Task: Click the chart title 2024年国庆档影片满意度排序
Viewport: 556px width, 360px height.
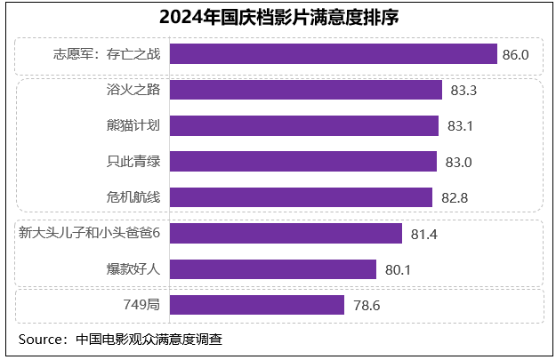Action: tap(278, 17)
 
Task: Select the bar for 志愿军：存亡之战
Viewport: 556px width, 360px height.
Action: tap(333, 54)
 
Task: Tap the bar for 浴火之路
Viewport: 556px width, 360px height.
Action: tap(305, 90)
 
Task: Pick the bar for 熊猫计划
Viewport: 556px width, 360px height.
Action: tap(303, 125)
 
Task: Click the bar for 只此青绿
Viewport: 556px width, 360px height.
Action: tap(302, 161)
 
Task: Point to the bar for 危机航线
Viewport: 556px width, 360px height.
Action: tap(301, 196)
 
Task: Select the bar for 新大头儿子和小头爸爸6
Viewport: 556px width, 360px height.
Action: tap(286, 234)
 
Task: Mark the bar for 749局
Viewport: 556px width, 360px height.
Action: tap(256, 305)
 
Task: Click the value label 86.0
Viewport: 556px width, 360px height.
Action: tap(516, 55)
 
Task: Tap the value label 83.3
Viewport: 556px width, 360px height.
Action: tap(464, 91)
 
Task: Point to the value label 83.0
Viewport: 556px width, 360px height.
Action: tap(459, 162)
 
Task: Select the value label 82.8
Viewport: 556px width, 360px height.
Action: tap(455, 197)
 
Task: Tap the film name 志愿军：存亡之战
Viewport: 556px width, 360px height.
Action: tap(107, 54)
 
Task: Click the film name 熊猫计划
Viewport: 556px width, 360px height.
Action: tap(133, 125)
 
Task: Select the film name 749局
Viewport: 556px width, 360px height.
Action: tap(141, 305)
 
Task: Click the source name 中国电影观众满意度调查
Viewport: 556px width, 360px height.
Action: tap(149, 339)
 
